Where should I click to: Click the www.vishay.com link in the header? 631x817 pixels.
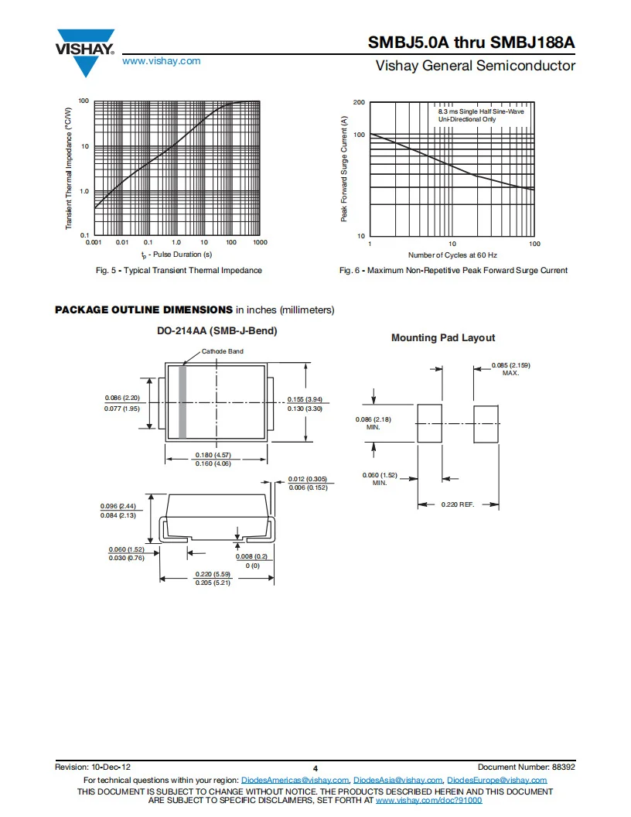pyautogui.click(x=161, y=61)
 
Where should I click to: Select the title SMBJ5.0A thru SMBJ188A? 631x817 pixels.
pyautogui.click(x=472, y=43)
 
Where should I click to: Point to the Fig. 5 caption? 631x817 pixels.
pyautogui.click(x=179, y=270)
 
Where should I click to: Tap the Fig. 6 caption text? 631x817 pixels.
pyautogui.click(x=453, y=270)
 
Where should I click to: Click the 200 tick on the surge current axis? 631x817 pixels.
pyautogui.click(x=359, y=103)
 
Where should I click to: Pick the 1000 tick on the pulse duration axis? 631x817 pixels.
pyautogui.click(x=260, y=242)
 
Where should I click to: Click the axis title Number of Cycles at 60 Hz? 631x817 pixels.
pyautogui.click(x=452, y=255)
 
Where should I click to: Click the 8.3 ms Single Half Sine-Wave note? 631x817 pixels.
pyautogui.click(x=481, y=112)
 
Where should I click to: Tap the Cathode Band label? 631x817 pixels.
pyautogui.click(x=223, y=351)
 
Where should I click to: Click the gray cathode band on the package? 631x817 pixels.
pyautogui.click(x=182, y=402)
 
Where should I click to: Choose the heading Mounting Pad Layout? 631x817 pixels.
pyautogui.click(x=443, y=337)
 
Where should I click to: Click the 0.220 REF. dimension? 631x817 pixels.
pyautogui.click(x=458, y=504)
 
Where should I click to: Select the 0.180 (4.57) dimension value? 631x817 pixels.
pyautogui.click(x=213, y=454)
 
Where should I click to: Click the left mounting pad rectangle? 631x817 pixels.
pyautogui.click(x=429, y=423)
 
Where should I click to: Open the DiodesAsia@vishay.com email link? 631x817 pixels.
pyautogui.click(x=398, y=780)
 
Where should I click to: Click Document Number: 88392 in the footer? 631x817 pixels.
pyautogui.click(x=527, y=767)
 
